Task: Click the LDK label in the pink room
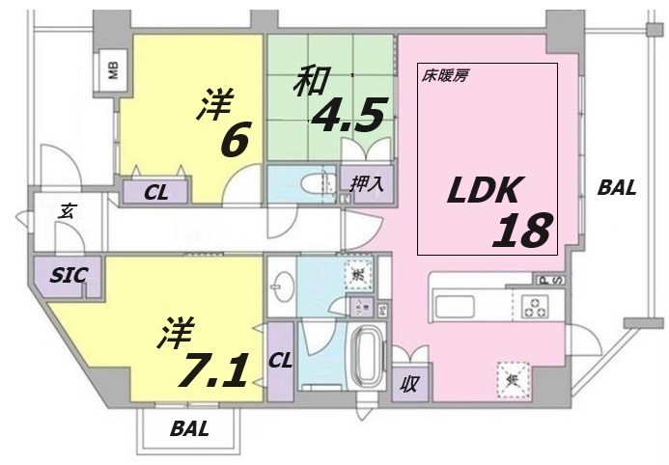click(485, 191)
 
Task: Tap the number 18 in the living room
click(522, 231)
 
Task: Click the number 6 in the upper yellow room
click(236, 140)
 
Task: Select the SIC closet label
click(67, 275)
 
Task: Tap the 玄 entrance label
click(67, 211)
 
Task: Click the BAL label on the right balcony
click(616, 189)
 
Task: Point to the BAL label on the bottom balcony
click(189, 429)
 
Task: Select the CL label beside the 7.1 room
click(280, 361)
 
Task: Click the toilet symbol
click(310, 182)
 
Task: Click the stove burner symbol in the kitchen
click(533, 308)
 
